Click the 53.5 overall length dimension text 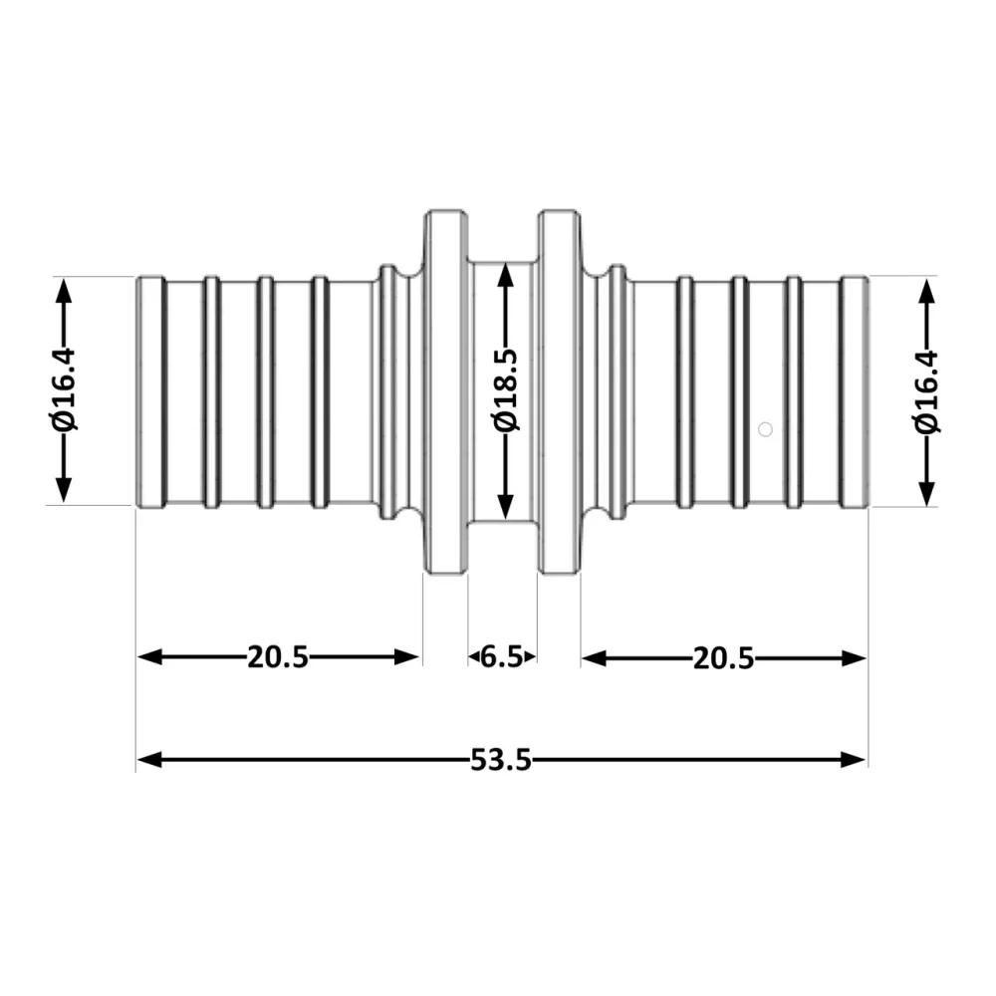(501, 760)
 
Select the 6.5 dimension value (502, 656)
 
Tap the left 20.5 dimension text (278, 657)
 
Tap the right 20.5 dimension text (723, 658)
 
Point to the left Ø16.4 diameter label (64, 389)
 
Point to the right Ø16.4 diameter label (926, 391)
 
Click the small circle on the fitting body (765, 429)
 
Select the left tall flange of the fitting (446, 391)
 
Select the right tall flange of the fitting (559, 391)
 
